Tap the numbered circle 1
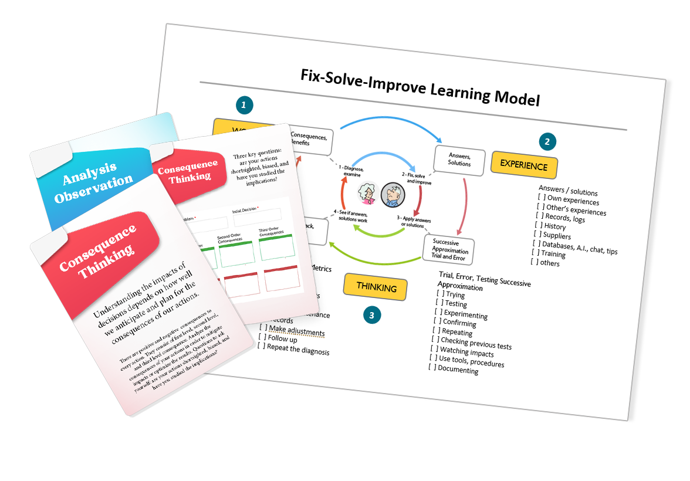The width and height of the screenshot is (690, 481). [x=245, y=106]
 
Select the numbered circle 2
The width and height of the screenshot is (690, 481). [x=547, y=141]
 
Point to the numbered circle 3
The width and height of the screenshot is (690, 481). [x=371, y=315]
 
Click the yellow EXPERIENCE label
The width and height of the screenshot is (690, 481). [x=524, y=165]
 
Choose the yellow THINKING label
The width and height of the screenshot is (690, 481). [x=376, y=287]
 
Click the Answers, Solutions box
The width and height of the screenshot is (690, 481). [x=459, y=160]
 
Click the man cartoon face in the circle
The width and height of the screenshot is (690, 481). [x=393, y=194]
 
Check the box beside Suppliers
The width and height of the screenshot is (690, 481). [x=537, y=234]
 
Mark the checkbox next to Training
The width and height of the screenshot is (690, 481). [x=535, y=253]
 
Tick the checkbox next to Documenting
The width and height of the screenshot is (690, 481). [x=432, y=367]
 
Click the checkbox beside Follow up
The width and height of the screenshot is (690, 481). [x=262, y=337]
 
